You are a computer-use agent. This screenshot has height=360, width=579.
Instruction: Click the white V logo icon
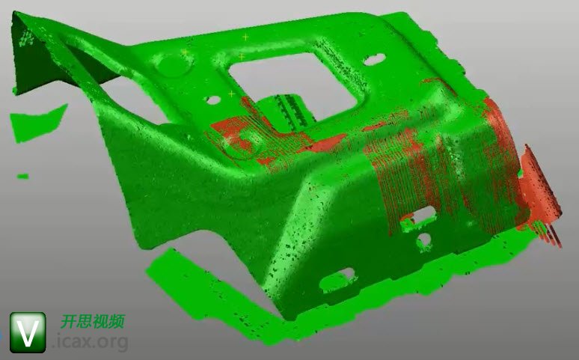(28, 332)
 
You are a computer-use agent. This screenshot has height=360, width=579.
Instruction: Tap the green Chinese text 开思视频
(92, 322)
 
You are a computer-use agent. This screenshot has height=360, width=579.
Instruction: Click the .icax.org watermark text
(91, 342)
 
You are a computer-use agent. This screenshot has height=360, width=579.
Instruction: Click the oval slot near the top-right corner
(375, 60)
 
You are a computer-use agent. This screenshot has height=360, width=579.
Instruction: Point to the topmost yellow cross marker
(245, 37)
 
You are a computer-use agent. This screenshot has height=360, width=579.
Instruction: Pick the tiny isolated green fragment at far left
(23, 177)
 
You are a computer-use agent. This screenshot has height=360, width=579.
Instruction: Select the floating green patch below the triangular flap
(37, 123)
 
